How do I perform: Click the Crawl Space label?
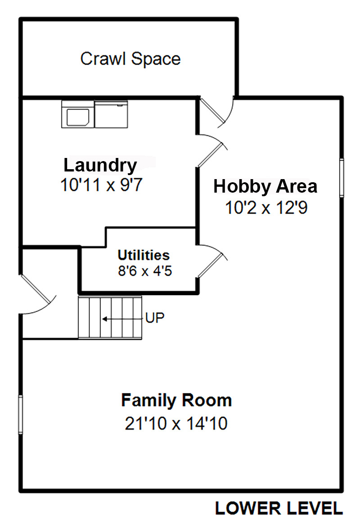click(130, 59)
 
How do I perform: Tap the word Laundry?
click(100, 166)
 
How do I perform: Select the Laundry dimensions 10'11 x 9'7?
click(101, 185)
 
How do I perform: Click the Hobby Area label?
click(265, 186)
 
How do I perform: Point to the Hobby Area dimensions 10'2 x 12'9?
click(266, 207)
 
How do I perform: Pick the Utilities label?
click(144, 255)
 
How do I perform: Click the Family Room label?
click(176, 400)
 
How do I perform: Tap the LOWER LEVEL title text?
click(279, 509)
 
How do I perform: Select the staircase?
click(110, 317)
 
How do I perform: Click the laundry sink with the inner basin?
click(78, 114)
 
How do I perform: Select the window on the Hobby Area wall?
click(342, 177)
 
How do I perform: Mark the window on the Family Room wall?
click(20, 414)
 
